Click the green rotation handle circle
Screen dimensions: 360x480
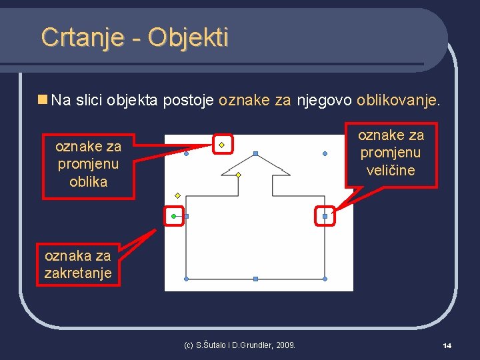[174, 216]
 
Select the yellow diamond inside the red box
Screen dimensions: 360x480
[221, 144]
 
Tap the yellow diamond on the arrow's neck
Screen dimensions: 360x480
[238, 175]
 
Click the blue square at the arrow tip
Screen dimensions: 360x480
[255, 153]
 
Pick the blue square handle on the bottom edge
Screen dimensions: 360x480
[255, 279]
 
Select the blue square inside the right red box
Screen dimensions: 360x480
[325, 216]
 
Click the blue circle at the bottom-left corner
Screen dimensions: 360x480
[186, 279]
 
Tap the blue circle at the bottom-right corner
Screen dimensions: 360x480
[325, 279]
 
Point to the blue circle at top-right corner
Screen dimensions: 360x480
[325, 153]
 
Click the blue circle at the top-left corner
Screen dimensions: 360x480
[186, 153]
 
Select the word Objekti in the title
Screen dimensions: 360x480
[188, 37]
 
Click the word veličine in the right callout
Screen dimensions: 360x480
[391, 170]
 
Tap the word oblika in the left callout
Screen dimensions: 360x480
[88, 181]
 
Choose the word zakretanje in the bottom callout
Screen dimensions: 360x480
[77, 273]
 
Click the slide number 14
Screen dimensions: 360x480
[447, 345]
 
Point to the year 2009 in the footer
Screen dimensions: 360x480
[285, 345]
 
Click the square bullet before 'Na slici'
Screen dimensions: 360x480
[43, 100]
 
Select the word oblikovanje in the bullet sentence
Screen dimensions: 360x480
[398, 101]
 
